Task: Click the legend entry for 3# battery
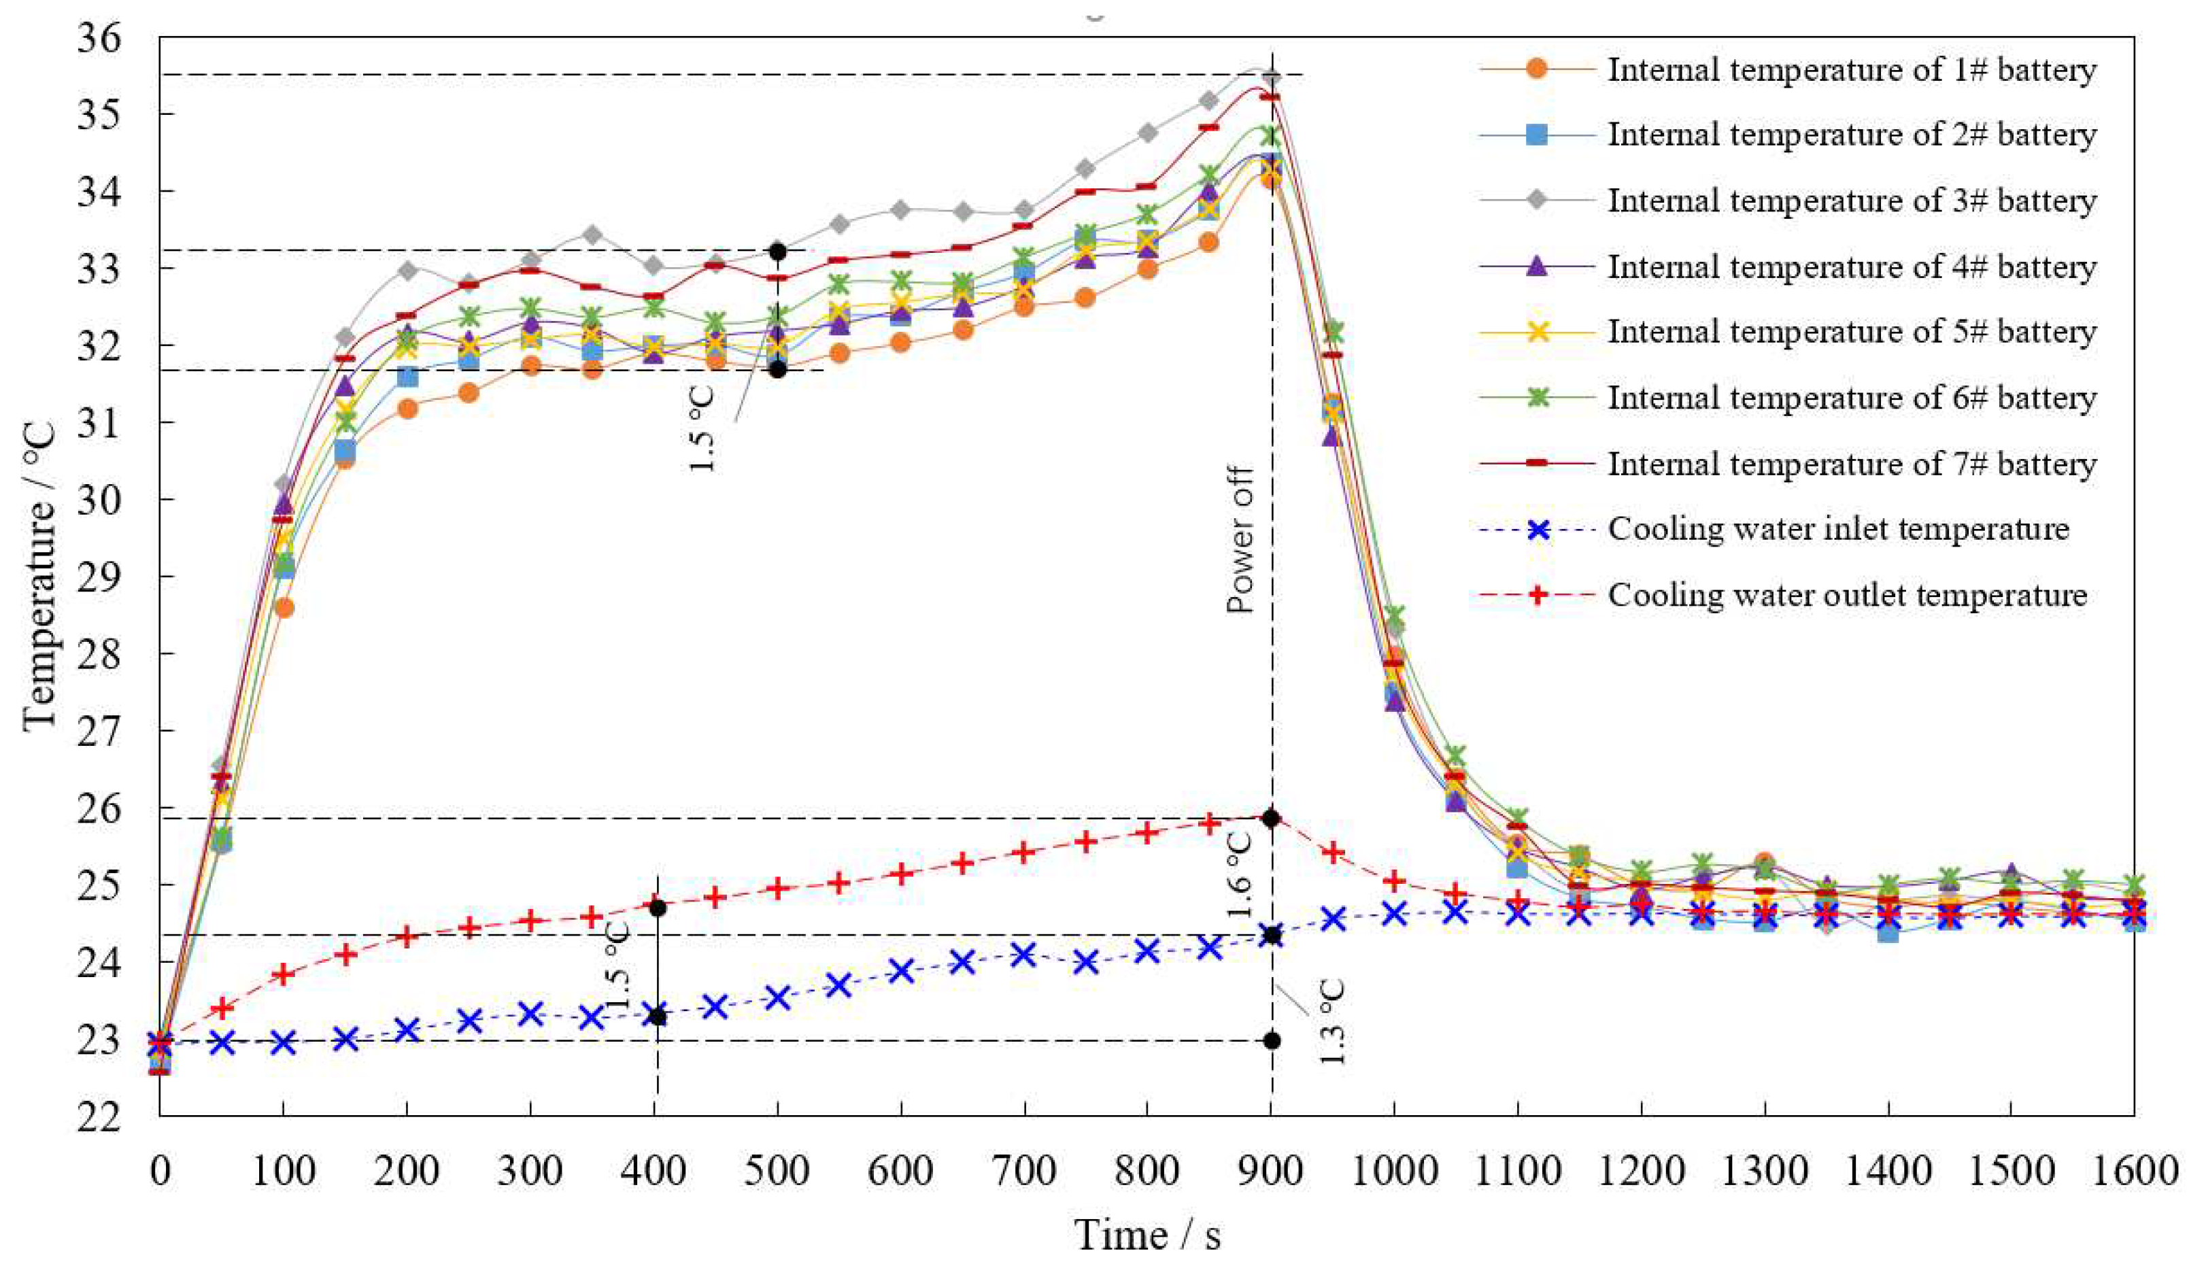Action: click(x=1851, y=201)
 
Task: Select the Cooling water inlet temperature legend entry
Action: click(x=1837, y=529)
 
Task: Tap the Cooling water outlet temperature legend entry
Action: click(x=1846, y=595)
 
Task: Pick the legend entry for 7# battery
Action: click(x=1851, y=464)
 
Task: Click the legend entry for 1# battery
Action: click(x=1851, y=69)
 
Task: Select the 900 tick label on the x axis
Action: click(x=1271, y=1173)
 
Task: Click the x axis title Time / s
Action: click(x=1147, y=1233)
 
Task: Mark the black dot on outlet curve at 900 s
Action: click(x=1272, y=818)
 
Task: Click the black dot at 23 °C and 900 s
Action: click(x=1272, y=1040)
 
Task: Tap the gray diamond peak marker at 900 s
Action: click(x=1272, y=78)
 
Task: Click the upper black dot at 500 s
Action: click(x=778, y=252)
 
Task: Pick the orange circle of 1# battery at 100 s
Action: click(x=284, y=608)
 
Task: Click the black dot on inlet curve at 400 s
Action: click(x=657, y=1016)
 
